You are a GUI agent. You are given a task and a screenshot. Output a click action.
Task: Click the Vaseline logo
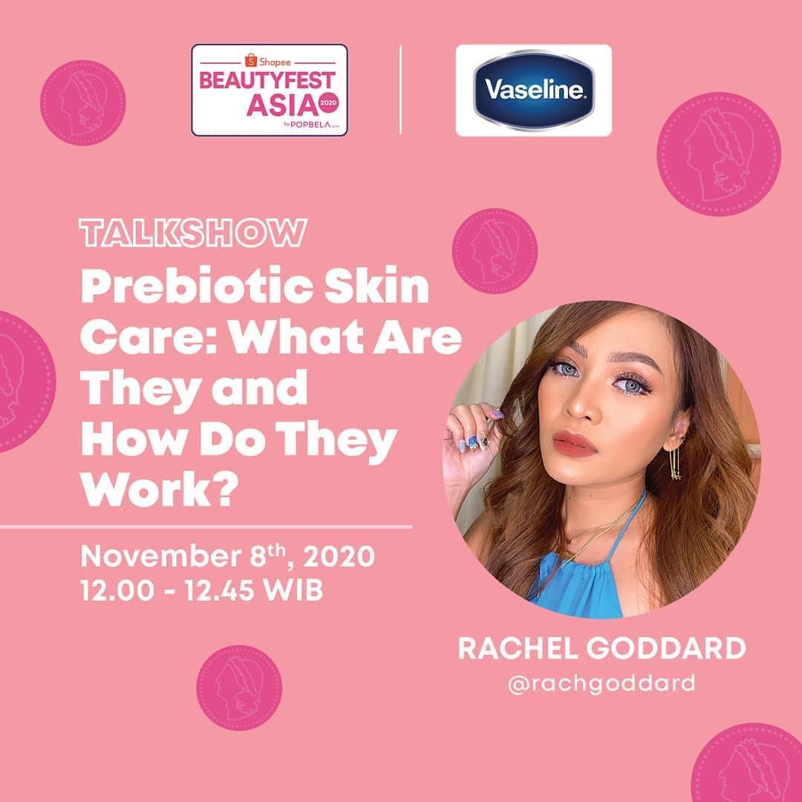coord(533,91)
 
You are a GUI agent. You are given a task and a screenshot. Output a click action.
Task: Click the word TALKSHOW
coord(192,232)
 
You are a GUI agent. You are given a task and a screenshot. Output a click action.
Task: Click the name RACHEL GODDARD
coord(601,648)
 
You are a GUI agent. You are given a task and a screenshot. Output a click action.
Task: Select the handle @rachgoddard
coord(601,683)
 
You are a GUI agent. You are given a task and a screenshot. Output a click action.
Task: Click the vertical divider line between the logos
coord(401,90)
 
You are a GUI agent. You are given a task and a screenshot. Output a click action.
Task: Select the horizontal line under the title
coord(206,527)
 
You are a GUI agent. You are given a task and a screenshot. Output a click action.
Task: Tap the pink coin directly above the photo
coord(495,250)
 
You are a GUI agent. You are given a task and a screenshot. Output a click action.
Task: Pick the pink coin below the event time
coord(239,688)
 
